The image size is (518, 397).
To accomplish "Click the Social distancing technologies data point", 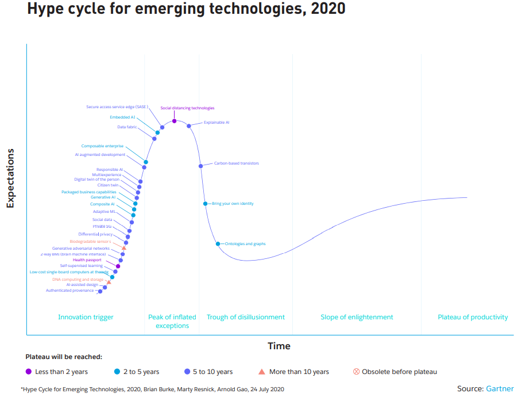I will [174, 121].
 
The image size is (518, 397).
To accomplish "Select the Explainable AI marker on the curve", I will [189, 126].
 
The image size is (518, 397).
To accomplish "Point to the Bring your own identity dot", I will [205, 204].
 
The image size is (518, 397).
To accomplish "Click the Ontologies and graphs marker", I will [218, 244].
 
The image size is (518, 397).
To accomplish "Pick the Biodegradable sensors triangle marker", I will [124, 248].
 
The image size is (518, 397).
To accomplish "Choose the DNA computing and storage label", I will [78, 280].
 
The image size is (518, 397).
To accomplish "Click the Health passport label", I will [87, 260].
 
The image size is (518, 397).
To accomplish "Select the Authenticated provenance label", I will [69, 291].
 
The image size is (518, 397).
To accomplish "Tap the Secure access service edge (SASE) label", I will [117, 107].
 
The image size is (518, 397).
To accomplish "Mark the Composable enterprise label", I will [102, 146].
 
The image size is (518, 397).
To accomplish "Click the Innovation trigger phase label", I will [86, 317].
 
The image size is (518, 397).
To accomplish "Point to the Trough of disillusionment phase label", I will [246, 317].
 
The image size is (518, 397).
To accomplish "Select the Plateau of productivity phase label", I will [473, 317].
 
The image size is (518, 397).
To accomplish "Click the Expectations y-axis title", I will [10, 178].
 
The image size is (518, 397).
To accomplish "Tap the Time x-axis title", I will [279, 346].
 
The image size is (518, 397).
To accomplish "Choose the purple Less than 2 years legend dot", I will [29, 372].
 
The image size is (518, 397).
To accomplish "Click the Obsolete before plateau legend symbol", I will [356, 372].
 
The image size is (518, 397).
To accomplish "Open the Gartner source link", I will [500, 389].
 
